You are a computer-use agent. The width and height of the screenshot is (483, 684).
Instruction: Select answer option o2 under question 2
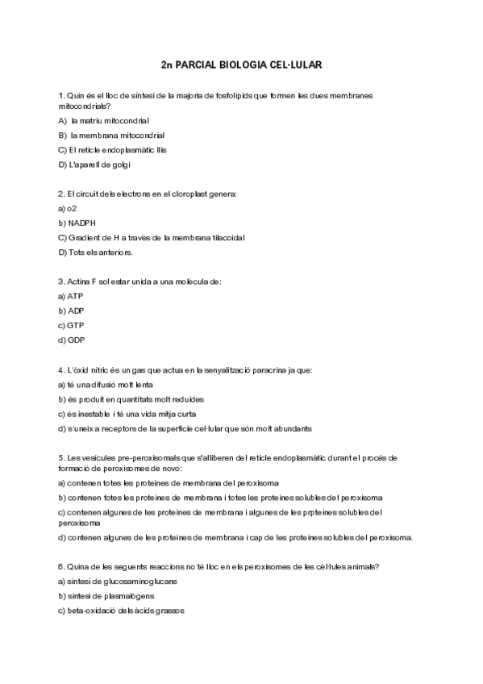[70, 208]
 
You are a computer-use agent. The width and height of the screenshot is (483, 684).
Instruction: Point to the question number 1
[61, 95]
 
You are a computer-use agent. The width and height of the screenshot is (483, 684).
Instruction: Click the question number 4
[61, 370]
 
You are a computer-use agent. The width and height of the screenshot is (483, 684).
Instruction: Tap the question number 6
[61, 567]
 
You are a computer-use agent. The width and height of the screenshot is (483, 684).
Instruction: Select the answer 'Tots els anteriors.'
[101, 252]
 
